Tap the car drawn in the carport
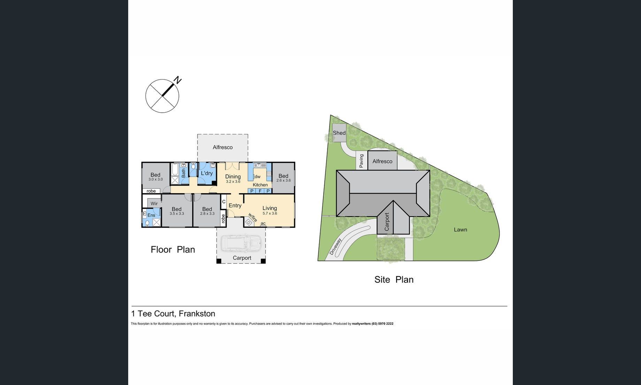tap(241, 243)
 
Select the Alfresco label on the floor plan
tap(223, 147)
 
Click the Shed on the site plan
tap(339, 133)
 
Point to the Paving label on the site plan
tap(361, 161)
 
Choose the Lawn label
tap(460, 229)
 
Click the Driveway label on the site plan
tap(335, 247)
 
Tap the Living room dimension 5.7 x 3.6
tap(270, 213)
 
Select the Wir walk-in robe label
tap(154, 204)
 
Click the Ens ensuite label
tap(151, 215)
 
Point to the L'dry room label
tap(207, 173)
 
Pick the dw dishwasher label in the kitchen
tap(257, 177)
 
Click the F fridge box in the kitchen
tap(260, 191)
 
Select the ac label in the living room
tap(263, 224)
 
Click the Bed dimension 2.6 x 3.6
tap(283, 181)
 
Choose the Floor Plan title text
tap(173, 249)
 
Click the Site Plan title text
tap(394, 279)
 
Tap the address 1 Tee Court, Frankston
tap(173, 314)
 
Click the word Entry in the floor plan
tap(235, 205)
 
